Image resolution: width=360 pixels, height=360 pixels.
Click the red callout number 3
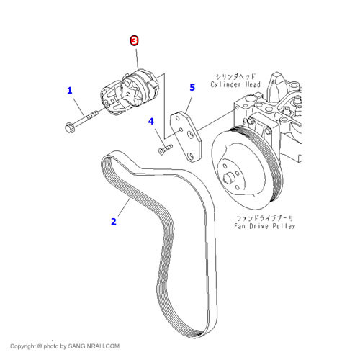tap(134, 40)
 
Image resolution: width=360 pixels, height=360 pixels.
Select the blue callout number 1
tap(70, 91)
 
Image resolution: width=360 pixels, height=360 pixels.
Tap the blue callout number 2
tap(114, 221)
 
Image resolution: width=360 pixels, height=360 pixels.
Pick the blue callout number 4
tap(151, 121)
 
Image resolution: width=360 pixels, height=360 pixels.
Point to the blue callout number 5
tap(192, 87)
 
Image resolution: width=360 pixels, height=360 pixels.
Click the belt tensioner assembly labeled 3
tap(129, 92)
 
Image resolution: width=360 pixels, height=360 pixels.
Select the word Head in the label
tap(253, 84)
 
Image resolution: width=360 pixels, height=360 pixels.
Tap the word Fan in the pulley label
tap(240, 226)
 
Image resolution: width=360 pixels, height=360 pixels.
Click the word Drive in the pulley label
tap(258, 226)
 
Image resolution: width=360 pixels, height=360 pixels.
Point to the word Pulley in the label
tap(284, 226)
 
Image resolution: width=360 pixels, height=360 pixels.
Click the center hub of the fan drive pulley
tap(229, 178)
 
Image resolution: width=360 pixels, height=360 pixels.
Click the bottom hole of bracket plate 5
tap(191, 156)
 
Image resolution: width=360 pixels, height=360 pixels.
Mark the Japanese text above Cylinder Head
tap(235, 77)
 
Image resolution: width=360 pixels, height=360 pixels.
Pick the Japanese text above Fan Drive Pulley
tap(265, 218)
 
